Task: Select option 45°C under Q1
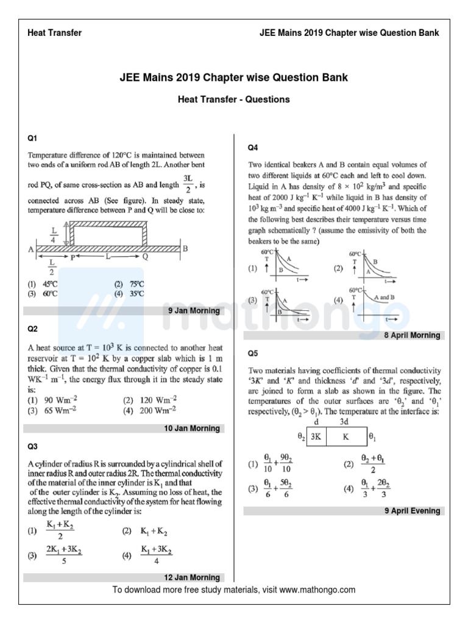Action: pos(45,284)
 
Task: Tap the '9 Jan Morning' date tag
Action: pos(193,311)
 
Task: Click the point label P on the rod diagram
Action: pos(72,257)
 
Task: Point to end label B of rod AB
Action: pos(185,248)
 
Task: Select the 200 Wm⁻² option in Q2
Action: pos(146,410)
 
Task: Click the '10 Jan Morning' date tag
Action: pos(191,428)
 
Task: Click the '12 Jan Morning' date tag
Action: pos(191,577)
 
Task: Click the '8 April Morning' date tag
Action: pos(411,335)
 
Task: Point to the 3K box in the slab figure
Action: pos(316,436)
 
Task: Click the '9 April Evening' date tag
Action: pos(412,511)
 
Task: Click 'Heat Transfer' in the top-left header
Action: pos(55,32)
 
